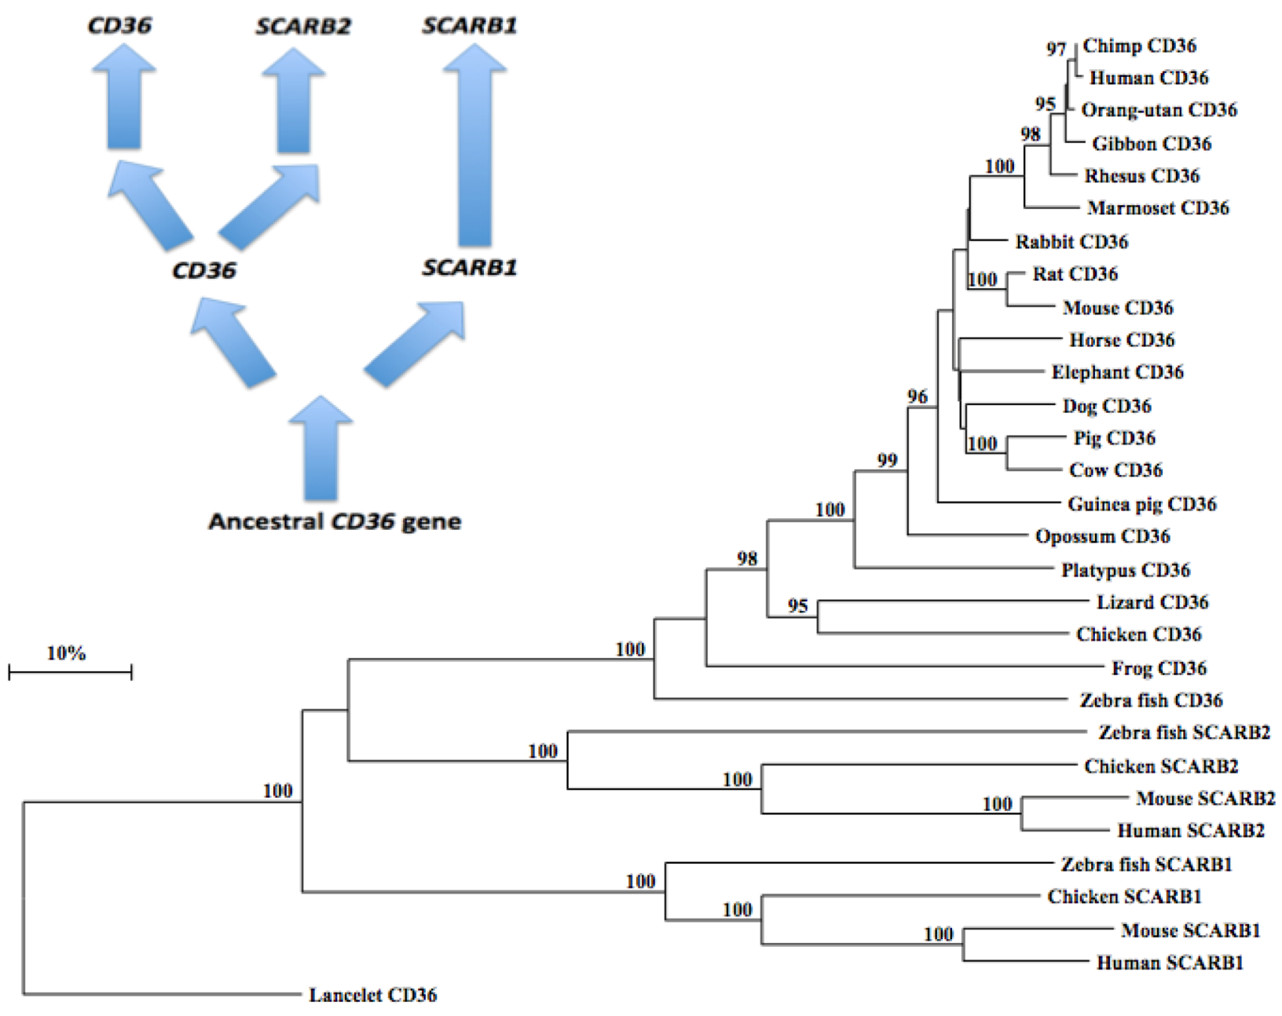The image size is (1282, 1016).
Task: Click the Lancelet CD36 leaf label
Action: click(x=372, y=995)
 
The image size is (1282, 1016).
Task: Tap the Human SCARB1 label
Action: click(x=1169, y=963)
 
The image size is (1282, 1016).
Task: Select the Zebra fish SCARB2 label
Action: click(x=1184, y=733)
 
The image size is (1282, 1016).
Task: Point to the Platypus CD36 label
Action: click(x=1125, y=570)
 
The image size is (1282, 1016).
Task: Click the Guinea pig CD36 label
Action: click(x=1141, y=504)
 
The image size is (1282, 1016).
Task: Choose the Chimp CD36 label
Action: click(x=1139, y=46)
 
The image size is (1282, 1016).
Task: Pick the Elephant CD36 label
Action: click(x=1117, y=372)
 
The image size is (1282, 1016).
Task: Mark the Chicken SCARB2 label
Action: click(x=1161, y=766)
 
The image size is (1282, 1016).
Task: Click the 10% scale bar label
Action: click(x=66, y=652)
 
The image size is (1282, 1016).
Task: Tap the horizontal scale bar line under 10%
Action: click(x=70, y=672)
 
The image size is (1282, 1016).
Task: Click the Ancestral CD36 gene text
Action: click(x=335, y=521)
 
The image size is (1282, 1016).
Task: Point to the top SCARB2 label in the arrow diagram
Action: click(x=303, y=26)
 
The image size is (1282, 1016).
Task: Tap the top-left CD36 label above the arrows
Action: click(x=119, y=25)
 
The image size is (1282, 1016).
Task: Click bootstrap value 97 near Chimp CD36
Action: click(x=1056, y=49)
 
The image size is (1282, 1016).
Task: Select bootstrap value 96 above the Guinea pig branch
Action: click(x=917, y=397)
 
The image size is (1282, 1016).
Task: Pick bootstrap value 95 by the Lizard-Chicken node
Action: click(x=797, y=605)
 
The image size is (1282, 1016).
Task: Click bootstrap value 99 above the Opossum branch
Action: click(x=887, y=460)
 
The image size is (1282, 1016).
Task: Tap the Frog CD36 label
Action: click(x=1159, y=668)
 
